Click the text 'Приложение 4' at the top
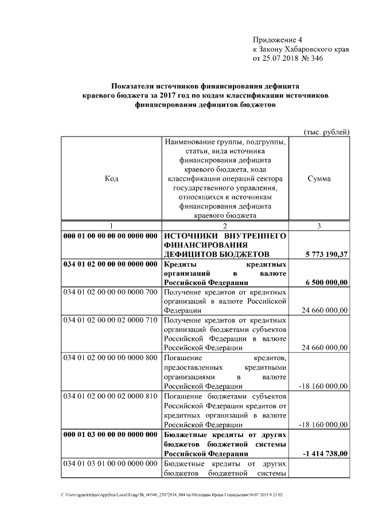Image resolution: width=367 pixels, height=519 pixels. click(276, 40)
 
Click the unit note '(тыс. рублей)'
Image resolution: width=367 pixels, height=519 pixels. click(326, 132)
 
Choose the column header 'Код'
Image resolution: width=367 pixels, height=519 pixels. click(112, 178)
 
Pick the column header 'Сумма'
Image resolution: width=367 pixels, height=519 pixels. click(319, 178)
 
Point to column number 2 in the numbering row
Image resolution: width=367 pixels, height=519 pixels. click(225, 226)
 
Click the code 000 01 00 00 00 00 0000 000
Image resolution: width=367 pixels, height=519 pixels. click(110, 236)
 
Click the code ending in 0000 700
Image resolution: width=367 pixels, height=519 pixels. click(110, 292)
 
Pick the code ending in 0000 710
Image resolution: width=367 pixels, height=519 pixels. click(110, 319)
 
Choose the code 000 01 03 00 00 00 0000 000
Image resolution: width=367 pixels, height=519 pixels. click(110, 435)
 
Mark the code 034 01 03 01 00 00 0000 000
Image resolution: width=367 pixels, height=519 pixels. click(110, 463)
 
